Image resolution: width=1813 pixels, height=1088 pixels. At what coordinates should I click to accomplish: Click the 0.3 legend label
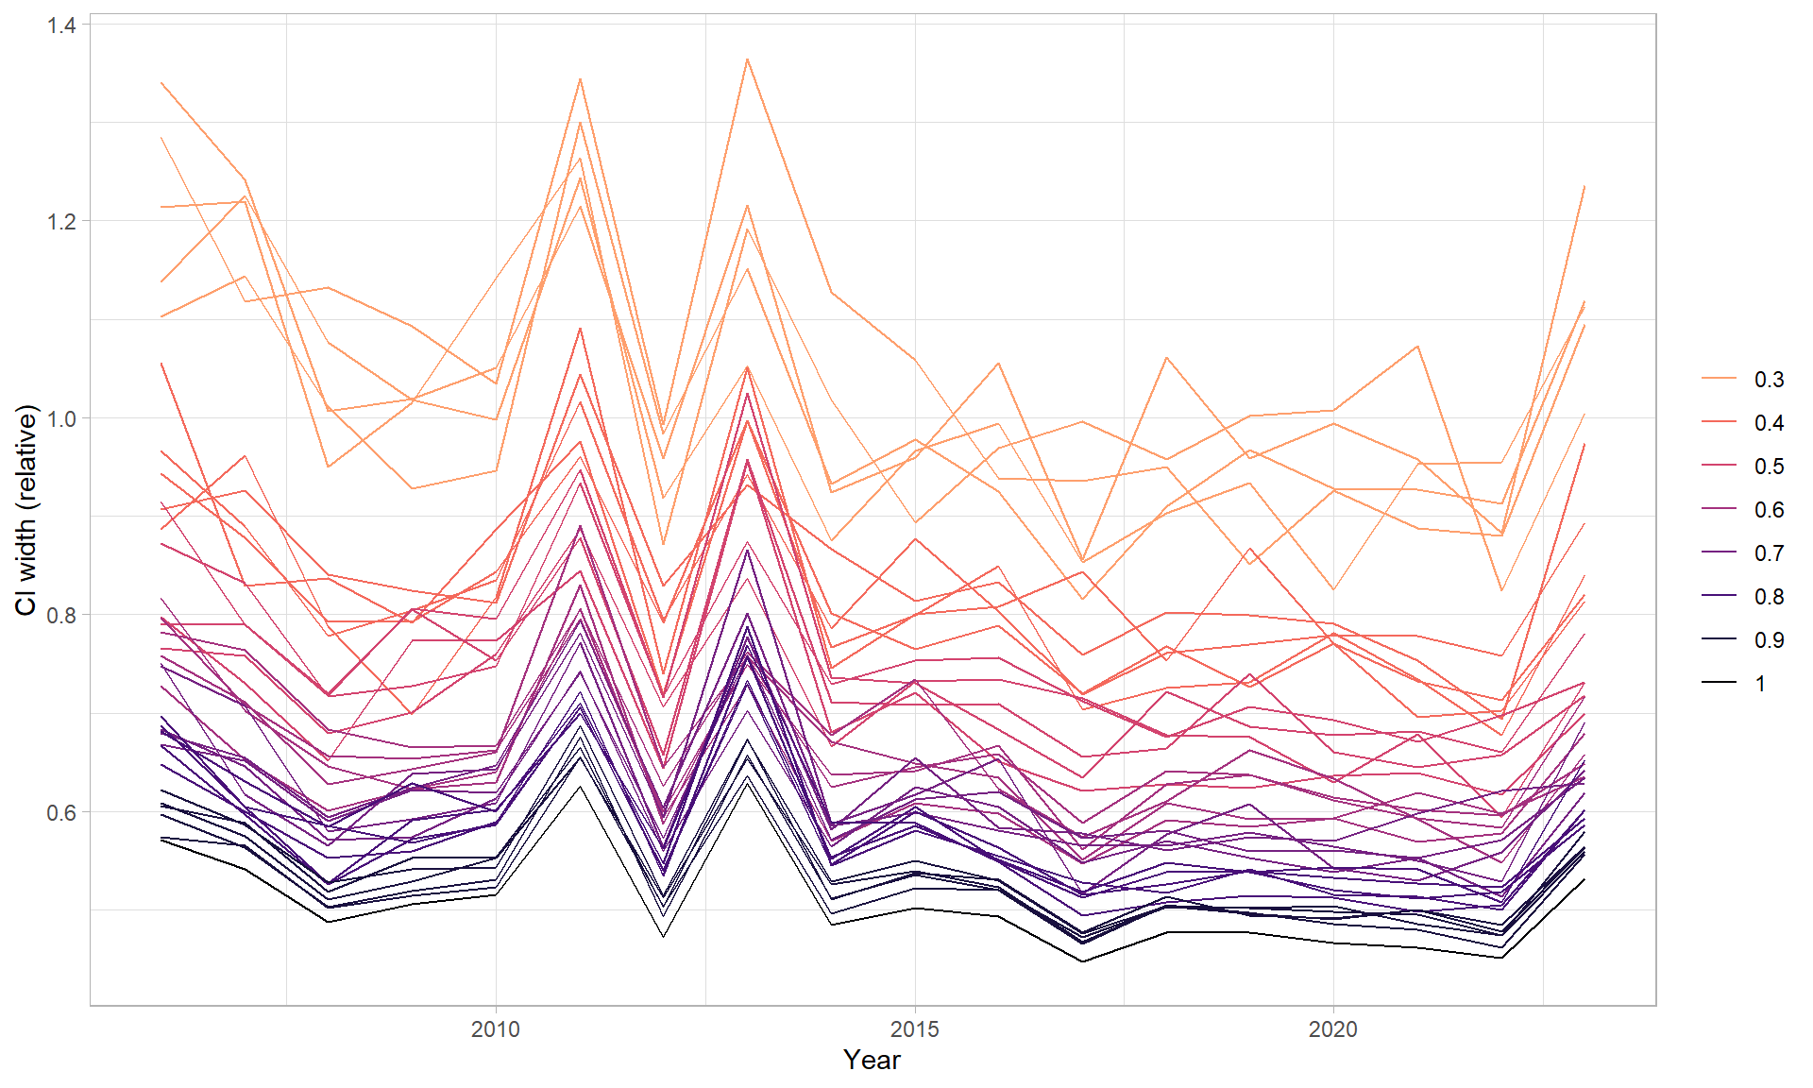pyautogui.click(x=1768, y=380)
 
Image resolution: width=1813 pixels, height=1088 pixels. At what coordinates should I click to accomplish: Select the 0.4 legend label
pyautogui.click(x=1768, y=423)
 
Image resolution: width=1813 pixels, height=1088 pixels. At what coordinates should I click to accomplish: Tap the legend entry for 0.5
pyautogui.click(x=1768, y=467)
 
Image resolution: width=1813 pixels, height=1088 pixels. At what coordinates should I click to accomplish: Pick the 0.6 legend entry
pyautogui.click(x=1768, y=510)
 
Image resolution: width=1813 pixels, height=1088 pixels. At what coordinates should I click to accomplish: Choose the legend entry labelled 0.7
pyautogui.click(x=1768, y=553)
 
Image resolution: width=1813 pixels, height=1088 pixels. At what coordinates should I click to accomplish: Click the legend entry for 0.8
pyautogui.click(x=1768, y=597)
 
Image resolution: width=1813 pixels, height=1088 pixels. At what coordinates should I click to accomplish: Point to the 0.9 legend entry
pyautogui.click(x=1768, y=640)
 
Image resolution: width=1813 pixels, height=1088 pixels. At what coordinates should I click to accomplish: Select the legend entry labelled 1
pyautogui.click(x=1760, y=684)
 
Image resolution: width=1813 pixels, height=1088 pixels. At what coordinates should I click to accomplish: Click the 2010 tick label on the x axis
pyautogui.click(x=495, y=1029)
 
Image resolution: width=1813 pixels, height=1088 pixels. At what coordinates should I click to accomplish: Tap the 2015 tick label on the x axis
pyautogui.click(x=914, y=1029)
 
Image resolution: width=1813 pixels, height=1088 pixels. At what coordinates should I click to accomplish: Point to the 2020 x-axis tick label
pyautogui.click(x=1332, y=1029)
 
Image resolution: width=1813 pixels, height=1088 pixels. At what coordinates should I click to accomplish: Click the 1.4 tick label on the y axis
pyautogui.click(x=61, y=25)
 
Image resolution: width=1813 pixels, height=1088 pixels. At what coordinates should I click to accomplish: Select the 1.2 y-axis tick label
pyautogui.click(x=61, y=221)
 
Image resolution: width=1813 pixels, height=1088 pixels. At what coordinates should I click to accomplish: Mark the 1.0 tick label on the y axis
pyautogui.click(x=61, y=418)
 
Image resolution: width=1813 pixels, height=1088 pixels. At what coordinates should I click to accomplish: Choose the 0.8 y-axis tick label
pyautogui.click(x=61, y=615)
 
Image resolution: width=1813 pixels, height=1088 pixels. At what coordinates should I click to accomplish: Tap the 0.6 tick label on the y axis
pyautogui.click(x=61, y=812)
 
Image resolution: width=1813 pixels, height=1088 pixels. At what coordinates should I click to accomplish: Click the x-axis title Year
pyautogui.click(x=872, y=1061)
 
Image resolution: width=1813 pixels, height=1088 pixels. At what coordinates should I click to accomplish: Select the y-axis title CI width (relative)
pyautogui.click(x=26, y=510)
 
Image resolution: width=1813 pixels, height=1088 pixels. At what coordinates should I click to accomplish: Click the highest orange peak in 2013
pyautogui.click(x=747, y=59)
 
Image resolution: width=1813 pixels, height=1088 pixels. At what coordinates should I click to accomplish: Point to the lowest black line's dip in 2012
pyautogui.click(x=663, y=936)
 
